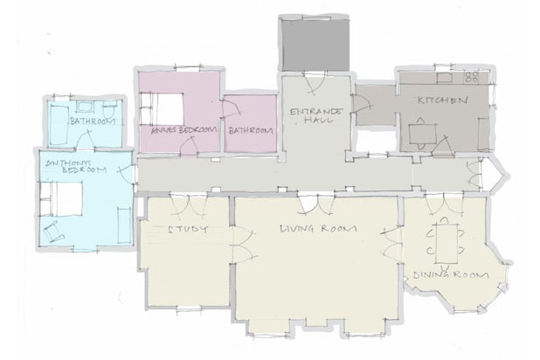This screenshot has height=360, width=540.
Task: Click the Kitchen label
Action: coord(443,100)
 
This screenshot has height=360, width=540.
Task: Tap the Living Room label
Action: coord(318,228)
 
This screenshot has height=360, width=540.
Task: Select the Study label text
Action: coord(188,230)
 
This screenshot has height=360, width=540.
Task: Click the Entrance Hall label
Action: coord(316,115)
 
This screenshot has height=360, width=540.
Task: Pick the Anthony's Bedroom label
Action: coord(76,166)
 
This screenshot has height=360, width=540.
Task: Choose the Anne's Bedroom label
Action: coord(184,130)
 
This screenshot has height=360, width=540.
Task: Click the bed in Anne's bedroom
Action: coord(162,109)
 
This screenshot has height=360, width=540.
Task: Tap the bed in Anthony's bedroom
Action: coord(61,199)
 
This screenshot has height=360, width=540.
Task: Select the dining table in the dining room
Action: coord(447,243)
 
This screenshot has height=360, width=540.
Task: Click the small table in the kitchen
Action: coord(422,134)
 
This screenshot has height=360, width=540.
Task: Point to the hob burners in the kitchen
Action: coord(472,77)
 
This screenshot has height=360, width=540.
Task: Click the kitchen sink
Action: coord(445,78)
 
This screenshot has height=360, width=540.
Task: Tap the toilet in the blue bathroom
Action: coord(110,109)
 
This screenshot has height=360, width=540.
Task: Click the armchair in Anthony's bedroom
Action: coord(53,232)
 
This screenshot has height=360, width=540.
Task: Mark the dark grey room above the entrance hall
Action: coord(315,45)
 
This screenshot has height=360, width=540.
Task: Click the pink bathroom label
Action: coord(251,130)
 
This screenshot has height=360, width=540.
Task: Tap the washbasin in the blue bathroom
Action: coord(85,107)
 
